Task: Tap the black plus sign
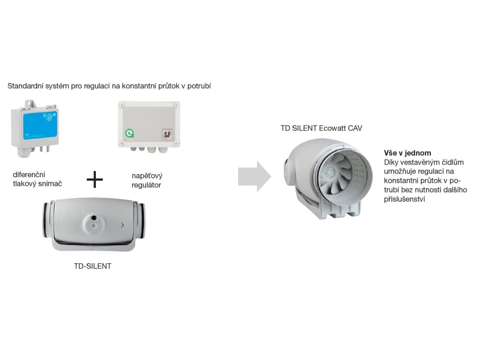pos(95,179)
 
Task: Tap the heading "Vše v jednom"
pos(407,153)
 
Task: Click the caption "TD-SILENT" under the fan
pos(93,266)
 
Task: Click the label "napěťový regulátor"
pos(147,180)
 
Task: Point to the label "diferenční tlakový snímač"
pos(38,179)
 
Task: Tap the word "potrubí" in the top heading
pos(198,86)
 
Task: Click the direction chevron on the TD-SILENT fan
pos(123,225)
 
